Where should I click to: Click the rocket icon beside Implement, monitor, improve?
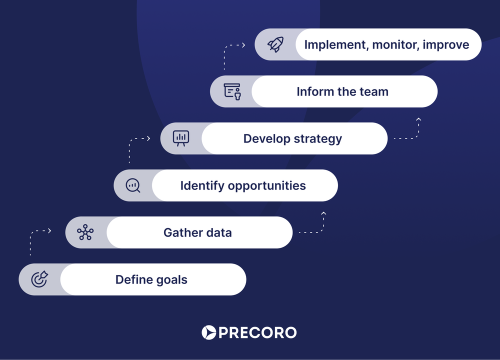275,44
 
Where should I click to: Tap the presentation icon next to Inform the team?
232,92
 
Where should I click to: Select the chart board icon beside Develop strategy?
181,138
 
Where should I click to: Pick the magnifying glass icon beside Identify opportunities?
133,185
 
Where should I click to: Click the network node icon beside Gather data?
85,232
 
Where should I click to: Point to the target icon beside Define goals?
39,279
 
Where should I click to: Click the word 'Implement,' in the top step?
336,45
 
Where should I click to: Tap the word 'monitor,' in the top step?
395,45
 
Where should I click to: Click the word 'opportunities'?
266,186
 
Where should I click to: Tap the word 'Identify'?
202,186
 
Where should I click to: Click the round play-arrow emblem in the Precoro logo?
209,332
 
